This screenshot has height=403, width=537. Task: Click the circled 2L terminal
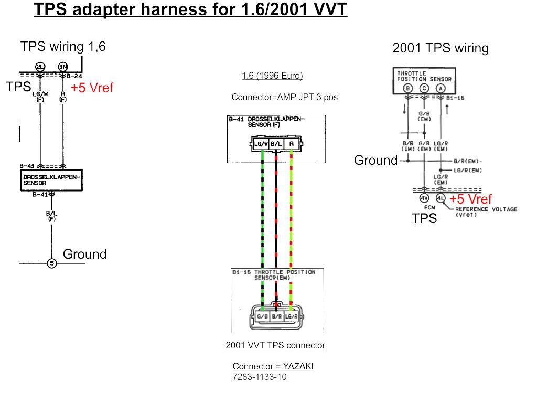click(40, 66)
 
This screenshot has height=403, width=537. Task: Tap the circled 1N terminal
click(63, 66)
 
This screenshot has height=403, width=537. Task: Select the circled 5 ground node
click(51, 263)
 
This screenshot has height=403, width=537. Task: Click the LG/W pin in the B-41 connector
click(262, 144)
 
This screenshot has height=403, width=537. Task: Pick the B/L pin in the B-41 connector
click(276, 144)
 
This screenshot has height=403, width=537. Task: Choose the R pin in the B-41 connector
click(291, 144)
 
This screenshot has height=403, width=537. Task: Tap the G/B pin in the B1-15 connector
click(262, 316)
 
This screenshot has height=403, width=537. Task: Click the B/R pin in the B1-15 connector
click(276, 316)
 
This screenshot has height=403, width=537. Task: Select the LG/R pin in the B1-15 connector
click(291, 316)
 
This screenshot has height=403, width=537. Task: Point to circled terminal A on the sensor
click(441, 88)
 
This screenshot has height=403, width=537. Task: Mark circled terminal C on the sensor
click(424, 88)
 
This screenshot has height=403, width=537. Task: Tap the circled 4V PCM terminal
click(424, 198)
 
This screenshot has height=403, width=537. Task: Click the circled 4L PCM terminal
click(441, 198)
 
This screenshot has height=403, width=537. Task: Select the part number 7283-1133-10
click(260, 377)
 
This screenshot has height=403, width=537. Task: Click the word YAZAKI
click(297, 366)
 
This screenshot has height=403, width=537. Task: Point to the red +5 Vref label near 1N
click(92, 88)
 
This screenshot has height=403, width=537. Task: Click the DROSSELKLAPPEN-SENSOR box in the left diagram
click(51, 180)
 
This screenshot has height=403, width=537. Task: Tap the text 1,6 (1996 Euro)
click(272, 76)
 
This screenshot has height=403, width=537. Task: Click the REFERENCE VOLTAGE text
click(486, 209)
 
